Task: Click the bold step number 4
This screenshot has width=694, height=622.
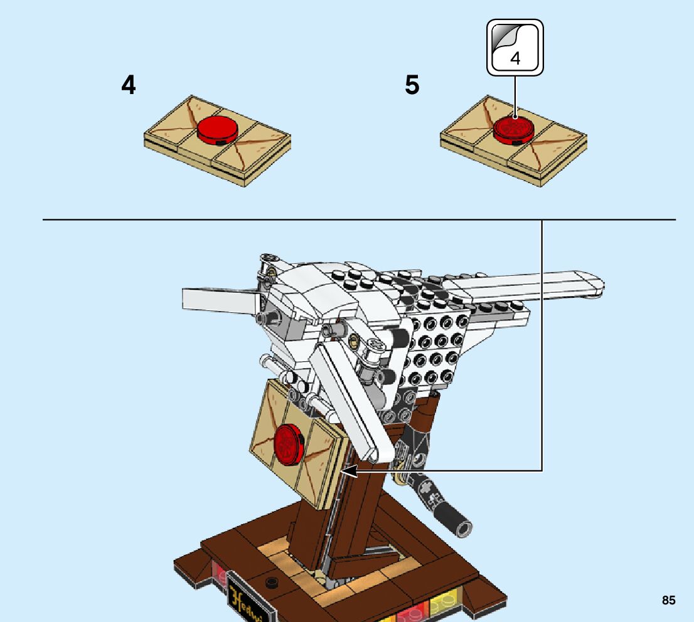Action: tap(129, 85)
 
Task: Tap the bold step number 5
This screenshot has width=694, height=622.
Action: tap(412, 85)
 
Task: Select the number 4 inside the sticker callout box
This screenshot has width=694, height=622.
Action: tap(515, 59)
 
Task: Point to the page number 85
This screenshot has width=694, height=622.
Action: tap(668, 600)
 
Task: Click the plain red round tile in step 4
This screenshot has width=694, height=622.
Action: tap(218, 129)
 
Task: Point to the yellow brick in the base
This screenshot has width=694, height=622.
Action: tap(444, 605)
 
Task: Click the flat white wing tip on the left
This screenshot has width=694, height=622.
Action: tap(220, 300)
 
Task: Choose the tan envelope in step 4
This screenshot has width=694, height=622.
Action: tap(217, 141)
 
